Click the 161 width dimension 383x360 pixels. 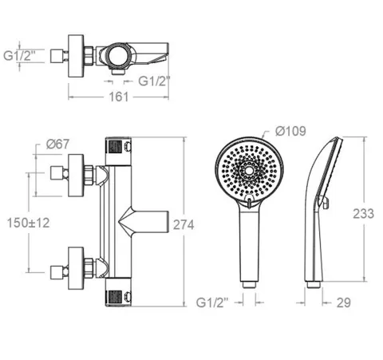(x=119, y=97)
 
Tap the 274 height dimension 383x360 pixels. (x=184, y=225)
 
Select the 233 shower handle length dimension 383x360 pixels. (x=363, y=214)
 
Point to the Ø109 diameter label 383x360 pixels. (x=290, y=131)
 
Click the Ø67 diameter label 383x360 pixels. (x=57, y=144)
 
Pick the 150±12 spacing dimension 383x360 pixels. (x=28, y=223)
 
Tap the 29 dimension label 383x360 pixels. (x=343, y=303)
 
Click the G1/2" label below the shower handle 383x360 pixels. (x=212, y=303)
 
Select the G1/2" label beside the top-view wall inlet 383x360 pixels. (x=19, y=56)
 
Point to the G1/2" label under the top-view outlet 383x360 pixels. (x=154, y=81)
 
